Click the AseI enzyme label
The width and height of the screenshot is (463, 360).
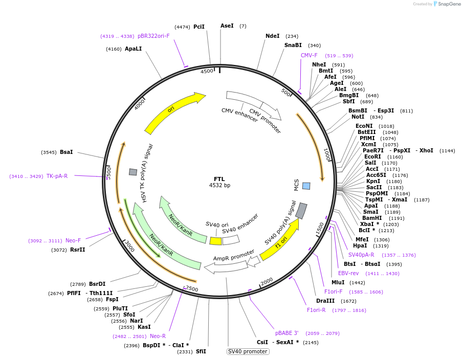pos(227,26)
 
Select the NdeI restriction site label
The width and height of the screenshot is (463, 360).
pos(273,36)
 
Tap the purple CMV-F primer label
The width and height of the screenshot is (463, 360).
pos(309,55)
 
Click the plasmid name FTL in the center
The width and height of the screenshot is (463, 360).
pos(219,179)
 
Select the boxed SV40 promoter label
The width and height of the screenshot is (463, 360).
pos(248,351)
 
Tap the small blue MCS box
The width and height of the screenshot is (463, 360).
pos(306,186)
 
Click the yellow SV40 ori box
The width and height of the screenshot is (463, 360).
pos(215,241)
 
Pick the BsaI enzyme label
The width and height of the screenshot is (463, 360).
pos(67,152)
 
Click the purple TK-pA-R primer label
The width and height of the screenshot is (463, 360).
pos(57,176)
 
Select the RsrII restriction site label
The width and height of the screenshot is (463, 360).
pos(78,250)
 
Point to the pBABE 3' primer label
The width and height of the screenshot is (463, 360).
pos(286,333)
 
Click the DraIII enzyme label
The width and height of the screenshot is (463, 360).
pos(325,301)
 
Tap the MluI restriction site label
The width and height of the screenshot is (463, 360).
pos(338,282)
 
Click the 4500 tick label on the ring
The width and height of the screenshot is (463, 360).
pos(207,72)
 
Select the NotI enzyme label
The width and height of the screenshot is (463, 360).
pos(358,117)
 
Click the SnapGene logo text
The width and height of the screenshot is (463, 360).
pos(449,4)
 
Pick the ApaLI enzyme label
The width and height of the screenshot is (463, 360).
pos(133,49)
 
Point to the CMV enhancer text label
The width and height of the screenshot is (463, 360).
pos(239,115)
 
